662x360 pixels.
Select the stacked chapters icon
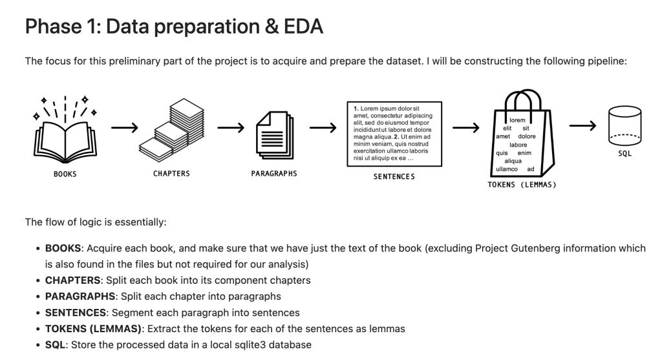[166, 130]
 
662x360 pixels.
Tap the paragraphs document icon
[273, 132]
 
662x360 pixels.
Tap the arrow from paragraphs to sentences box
[323, 128]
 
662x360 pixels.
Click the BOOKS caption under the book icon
[65, 174]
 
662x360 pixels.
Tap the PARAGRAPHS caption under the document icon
[274, 174]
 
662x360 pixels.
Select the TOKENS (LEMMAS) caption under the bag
[522, 184]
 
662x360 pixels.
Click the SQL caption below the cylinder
[625, 154]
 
